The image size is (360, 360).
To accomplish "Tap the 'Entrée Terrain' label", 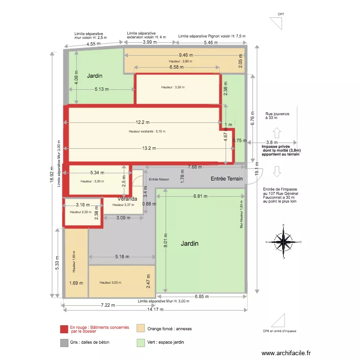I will click(x=227, y=179).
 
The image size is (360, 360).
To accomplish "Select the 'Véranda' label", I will click(x=127, y=199).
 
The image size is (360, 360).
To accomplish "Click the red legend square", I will click(x=63, y=329).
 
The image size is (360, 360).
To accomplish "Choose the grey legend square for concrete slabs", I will click(x=63, y=343).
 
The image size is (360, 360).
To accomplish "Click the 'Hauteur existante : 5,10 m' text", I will click(x=147, y=132).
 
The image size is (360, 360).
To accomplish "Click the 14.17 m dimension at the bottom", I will click(x=155, y=309).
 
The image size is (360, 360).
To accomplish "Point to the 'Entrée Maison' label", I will click(x=159, y=180).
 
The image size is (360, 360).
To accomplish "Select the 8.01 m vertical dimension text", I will click(x=165, y=240).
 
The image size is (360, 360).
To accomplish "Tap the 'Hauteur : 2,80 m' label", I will click(x=180, y=61).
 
